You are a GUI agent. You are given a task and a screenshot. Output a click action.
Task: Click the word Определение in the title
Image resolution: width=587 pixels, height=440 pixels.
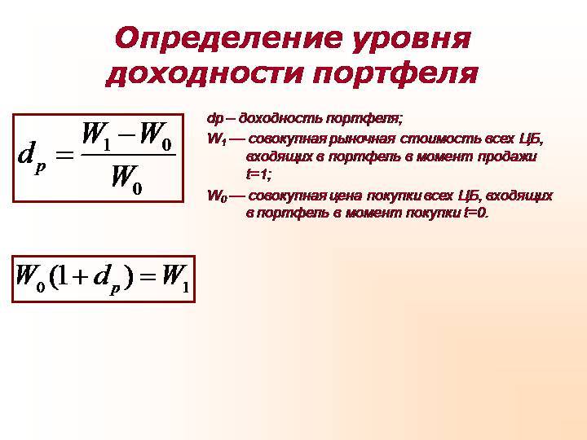(228, 38)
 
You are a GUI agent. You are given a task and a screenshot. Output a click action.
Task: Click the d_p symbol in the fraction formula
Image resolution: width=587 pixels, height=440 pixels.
(32, 156)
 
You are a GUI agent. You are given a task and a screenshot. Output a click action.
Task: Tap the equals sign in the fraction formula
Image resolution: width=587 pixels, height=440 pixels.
(64, 154)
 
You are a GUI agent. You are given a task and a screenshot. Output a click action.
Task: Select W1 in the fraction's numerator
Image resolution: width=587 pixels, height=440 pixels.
(96, 136)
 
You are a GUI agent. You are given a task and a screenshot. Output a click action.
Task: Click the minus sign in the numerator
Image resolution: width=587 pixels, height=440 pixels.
(127, 133)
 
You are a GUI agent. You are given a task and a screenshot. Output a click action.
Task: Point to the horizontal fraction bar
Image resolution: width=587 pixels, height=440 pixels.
(129, 155)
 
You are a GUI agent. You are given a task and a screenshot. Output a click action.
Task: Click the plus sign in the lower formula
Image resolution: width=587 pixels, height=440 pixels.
(79, 278)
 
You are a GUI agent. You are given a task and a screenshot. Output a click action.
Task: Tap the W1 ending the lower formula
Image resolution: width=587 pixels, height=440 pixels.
(175, 278)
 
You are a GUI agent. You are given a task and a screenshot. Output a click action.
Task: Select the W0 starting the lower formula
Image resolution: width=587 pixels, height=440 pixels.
(30, 278)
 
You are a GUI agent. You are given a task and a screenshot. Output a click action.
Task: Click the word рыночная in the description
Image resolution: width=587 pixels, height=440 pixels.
(362, 139)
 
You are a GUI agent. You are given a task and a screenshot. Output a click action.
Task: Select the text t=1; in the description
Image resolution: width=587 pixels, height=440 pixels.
(258, 174)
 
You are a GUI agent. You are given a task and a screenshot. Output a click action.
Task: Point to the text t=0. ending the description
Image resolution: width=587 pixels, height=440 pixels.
(476, 213)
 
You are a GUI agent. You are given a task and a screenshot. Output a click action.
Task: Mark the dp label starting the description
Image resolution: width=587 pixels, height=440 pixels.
(215, 119)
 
